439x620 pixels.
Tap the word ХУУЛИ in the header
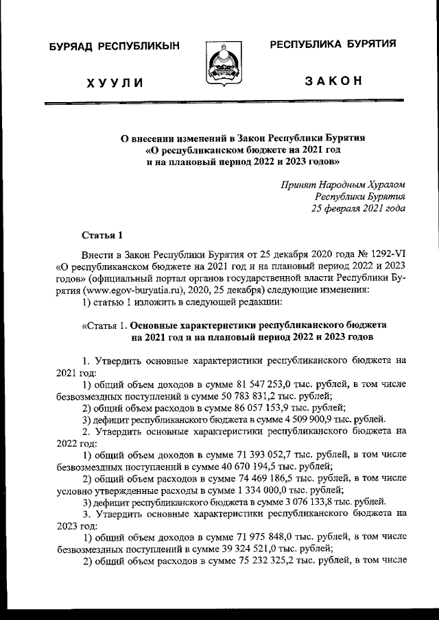tap(115, 83)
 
